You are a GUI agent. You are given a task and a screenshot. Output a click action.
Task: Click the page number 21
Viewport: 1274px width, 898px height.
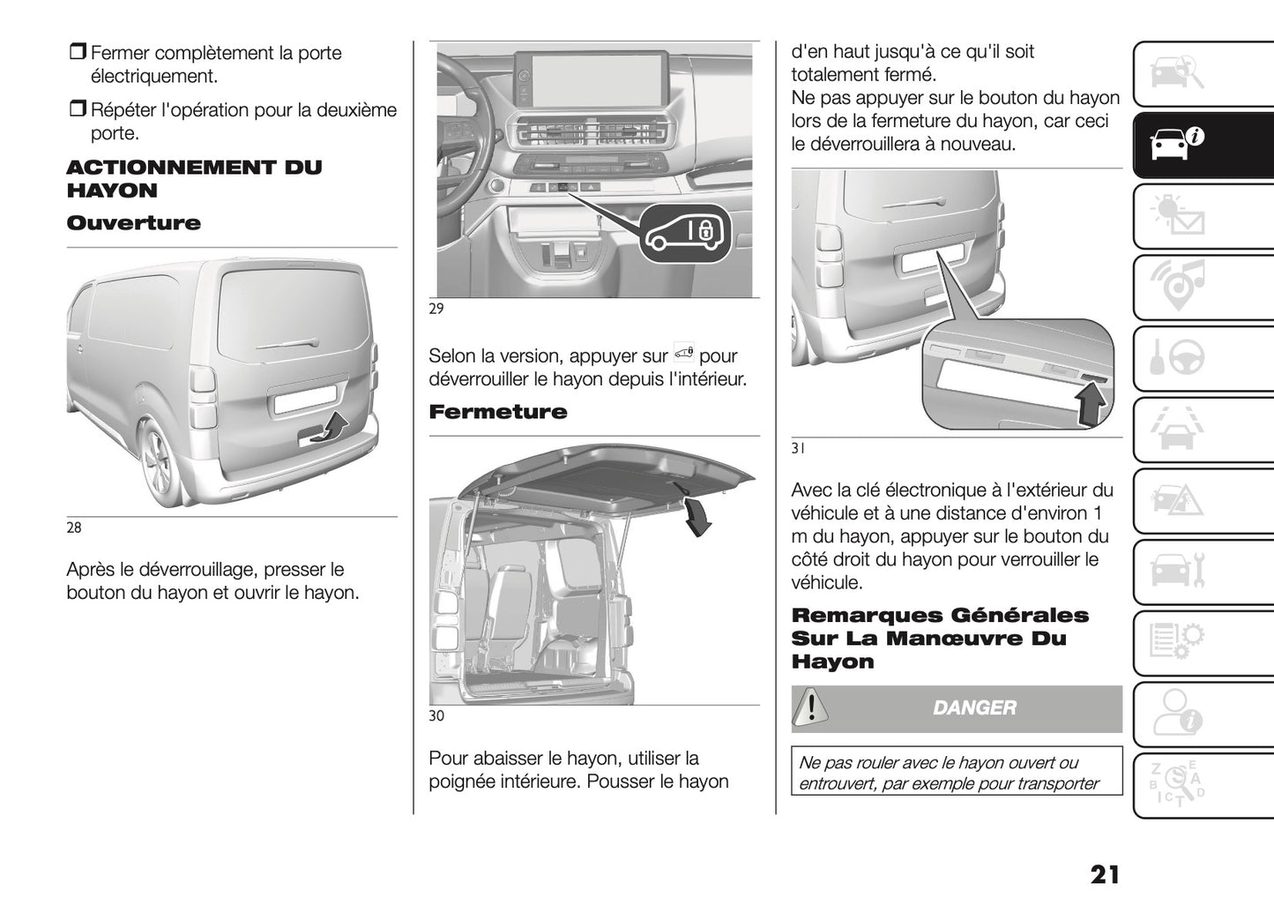coord(1104,874)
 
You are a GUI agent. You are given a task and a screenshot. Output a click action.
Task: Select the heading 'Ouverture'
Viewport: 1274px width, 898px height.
coord(133,223)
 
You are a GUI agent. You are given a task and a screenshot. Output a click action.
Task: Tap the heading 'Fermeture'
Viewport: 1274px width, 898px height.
coord(497,412)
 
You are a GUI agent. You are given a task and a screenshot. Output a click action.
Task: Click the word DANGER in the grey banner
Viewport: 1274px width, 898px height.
coord(974,707)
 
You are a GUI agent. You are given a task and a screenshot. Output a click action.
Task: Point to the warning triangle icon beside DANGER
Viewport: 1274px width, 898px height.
coord(810,707)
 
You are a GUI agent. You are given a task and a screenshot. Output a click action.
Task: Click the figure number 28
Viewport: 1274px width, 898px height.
coord(74,528)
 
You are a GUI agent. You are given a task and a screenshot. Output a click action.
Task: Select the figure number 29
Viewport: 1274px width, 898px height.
coord(436,309)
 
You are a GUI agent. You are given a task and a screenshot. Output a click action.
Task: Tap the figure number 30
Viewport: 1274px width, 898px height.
coord(436,715)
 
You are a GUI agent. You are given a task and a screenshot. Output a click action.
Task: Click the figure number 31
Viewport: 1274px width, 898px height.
coord(798,448)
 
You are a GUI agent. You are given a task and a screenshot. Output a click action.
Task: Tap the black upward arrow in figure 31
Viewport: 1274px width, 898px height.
coord(1091,405)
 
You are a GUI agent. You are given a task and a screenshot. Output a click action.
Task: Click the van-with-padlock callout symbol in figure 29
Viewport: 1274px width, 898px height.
coord(684,232)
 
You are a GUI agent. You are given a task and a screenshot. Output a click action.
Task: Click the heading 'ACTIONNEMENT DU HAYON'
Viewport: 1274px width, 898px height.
coord(194,179)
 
